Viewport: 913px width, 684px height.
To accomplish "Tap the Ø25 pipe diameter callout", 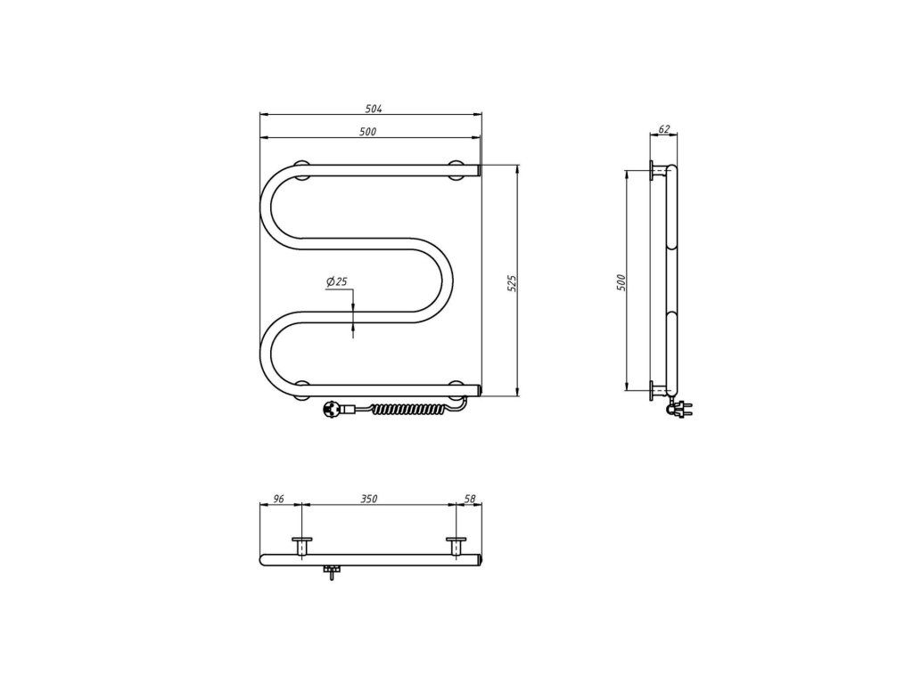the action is coord(337,281).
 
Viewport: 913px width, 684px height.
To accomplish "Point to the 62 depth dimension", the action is coord(665,128).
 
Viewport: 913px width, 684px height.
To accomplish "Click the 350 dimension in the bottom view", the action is coord(369,499).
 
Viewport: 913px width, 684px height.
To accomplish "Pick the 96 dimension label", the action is coord(278,499).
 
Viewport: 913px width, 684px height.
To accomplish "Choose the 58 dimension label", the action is coord(471,499).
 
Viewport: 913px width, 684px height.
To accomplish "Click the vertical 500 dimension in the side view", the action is coord(621,282).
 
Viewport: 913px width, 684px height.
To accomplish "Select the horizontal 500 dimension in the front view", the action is coord(368,132).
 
